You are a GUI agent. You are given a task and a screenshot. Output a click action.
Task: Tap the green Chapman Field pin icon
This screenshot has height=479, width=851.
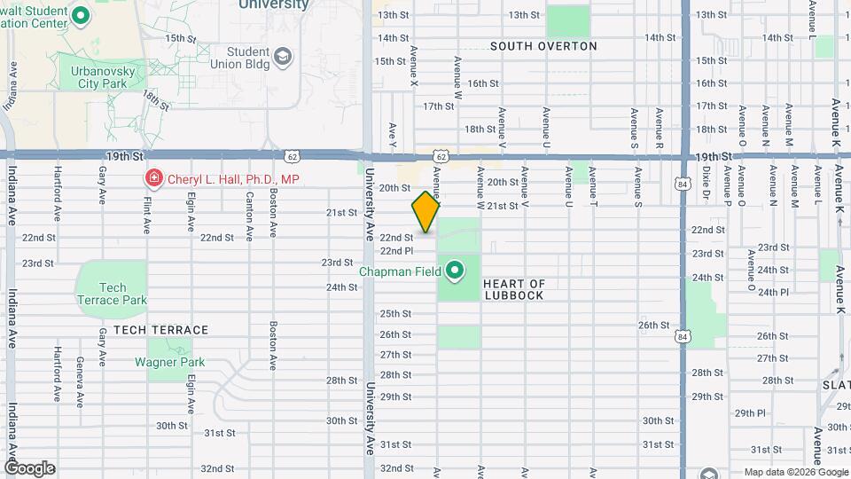(456, 270)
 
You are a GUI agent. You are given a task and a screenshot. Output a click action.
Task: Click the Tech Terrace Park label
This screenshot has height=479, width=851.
(112, 294)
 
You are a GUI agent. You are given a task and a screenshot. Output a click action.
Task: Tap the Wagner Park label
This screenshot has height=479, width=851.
(169, 362)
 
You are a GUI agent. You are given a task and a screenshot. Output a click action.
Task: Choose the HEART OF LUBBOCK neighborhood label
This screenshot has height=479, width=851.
(514, 289)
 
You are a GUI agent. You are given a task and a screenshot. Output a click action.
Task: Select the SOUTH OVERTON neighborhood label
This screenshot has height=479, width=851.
(543, 45)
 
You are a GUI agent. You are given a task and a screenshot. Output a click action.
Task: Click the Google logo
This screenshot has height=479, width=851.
(29, 467)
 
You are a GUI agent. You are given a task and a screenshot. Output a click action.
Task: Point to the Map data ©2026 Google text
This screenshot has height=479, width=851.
(794, 472)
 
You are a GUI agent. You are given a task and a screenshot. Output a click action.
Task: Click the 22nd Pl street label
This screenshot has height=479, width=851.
(396, 251)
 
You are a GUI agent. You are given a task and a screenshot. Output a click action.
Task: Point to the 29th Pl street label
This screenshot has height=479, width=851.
(749, 412)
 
